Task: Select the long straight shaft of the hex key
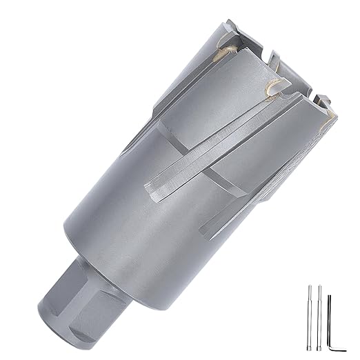coord(330,317)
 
